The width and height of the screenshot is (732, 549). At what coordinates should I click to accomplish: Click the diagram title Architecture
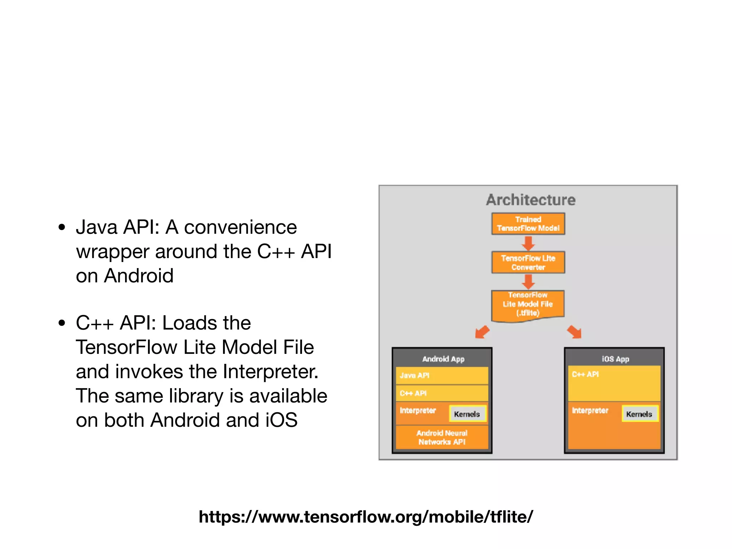coord(530,200)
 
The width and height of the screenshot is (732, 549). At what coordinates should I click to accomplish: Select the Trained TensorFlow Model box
coord(528,224)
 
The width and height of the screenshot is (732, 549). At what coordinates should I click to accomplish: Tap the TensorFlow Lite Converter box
coord(528,262)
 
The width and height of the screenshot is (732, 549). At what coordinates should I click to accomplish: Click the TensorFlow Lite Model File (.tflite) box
coord(528,304)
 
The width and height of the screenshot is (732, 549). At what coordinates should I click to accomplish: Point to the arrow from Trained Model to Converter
coord(528,243)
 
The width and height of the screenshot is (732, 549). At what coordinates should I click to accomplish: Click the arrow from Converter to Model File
coord(528,282)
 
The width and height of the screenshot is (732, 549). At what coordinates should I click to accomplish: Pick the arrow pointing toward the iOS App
coord(574,332)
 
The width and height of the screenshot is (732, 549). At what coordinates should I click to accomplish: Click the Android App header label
coord(443,359)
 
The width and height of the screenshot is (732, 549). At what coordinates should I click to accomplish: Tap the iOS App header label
coord(615,359)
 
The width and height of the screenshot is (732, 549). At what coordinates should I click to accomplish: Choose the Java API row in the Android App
coord(442,376)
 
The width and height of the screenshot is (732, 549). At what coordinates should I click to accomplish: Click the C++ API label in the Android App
coord(414,393)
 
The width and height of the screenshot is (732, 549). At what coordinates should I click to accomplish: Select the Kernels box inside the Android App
coord(467,414)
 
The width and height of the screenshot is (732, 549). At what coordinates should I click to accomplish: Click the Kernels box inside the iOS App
coord(639,414)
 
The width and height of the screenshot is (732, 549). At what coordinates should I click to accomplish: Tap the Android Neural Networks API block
coord(442,437)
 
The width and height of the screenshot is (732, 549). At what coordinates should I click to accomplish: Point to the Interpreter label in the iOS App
coord(590,410)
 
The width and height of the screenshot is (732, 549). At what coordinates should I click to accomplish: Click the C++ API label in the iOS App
coord(585,374)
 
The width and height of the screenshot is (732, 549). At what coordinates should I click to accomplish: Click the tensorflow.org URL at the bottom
coord(366,517)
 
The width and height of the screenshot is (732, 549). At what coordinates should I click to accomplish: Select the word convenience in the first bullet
coord(240,227)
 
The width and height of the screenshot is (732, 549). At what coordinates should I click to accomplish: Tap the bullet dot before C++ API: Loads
coord(62,323)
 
